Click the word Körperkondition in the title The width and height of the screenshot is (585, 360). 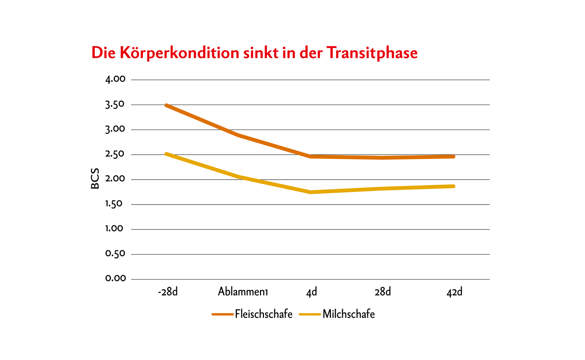click(x=179, y=53)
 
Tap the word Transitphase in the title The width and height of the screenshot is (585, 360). click(x=372, y=53)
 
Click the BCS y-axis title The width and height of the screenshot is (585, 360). click(x=95, y=179)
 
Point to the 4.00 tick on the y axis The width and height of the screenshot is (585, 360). click(x=115, y=79)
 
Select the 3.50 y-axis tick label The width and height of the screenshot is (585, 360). click(x=115, y=105)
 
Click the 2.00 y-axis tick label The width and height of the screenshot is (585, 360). click(x=115, y=179)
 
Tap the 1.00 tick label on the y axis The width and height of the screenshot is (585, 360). click(x=114, y=229)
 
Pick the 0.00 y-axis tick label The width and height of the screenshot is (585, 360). click(x=116, y=279)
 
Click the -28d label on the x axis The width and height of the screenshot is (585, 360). click(x=168, y=292)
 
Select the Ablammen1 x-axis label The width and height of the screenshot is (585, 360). click(x=243, y=292)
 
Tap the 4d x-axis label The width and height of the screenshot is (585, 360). click(x=312, y=292)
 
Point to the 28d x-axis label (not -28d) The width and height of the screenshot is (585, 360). click(x=383, y=292)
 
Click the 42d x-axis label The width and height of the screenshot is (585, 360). click(x=454, y=292)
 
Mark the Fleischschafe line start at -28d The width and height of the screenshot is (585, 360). click(x=166, y=105)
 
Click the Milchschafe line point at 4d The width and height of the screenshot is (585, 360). click(x=311, y=192)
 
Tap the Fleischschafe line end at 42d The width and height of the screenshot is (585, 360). click(x=454, y=157)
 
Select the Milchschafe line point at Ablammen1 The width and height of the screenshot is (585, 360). click(x=239, y=177)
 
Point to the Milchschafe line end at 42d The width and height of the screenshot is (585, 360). click(x=454, y=186)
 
